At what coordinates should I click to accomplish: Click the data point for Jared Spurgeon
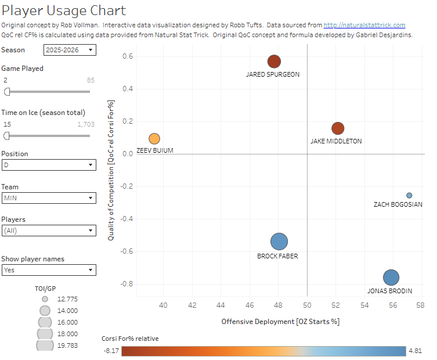pos(274,62)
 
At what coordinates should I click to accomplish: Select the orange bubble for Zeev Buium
pos(154,139)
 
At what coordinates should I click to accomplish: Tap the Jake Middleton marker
pos(338,128)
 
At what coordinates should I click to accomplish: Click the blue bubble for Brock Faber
pos(279,242)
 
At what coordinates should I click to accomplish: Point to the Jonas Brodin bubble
pos(391,278)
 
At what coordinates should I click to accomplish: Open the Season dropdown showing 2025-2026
pos(70,51)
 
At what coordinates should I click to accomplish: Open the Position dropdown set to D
pos(49,165)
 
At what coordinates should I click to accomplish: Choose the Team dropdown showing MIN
pos(49,198)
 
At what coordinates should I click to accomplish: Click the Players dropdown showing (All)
pos(49,231)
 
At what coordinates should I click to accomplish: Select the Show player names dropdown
pos(49,270)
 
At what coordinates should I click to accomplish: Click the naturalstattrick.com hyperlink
pos(364,25)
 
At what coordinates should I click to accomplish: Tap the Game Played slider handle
pos(7,91)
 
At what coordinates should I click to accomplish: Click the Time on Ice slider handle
pos(7,135)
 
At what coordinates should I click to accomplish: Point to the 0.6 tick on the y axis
pos(128,56)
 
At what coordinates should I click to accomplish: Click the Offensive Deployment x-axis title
pos(280,321)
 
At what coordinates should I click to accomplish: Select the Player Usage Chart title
pos(63,10)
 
